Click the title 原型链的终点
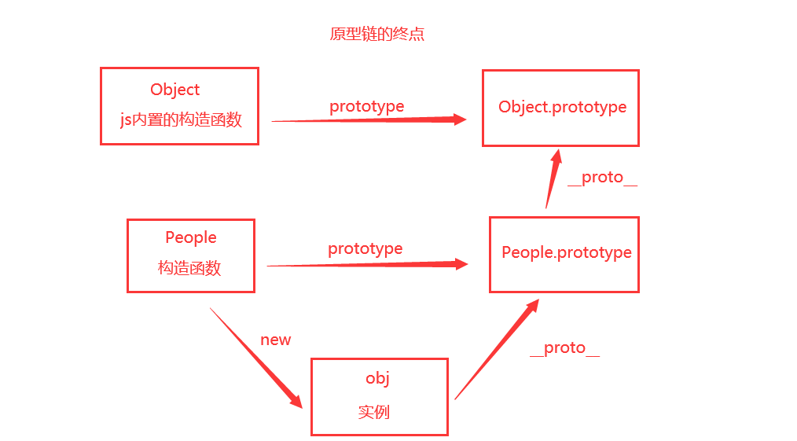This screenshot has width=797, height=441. point(377,35)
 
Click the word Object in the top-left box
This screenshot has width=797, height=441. point(175,90)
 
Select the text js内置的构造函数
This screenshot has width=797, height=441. point(181,119)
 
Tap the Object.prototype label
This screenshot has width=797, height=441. point(563,107)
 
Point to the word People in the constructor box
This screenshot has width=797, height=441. point(191,237)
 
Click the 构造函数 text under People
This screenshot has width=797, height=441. point(189,268)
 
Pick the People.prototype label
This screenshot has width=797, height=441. point(567,252)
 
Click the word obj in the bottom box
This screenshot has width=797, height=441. point(378,378)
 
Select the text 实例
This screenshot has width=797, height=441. point(374,412)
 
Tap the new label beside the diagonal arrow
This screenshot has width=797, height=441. point(276,340)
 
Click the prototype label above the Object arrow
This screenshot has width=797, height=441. point(366,106)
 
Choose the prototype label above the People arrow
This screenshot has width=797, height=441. point(365,248)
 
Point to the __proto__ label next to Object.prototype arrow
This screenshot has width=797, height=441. point(602,178)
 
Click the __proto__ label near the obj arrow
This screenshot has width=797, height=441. point(564,348)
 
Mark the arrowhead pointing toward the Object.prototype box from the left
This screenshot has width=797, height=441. point(457,119)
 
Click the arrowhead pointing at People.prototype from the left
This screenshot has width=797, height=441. point(459,265)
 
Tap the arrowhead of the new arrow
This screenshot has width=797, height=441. point(296,400)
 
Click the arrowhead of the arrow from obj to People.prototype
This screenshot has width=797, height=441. point(531,307)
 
